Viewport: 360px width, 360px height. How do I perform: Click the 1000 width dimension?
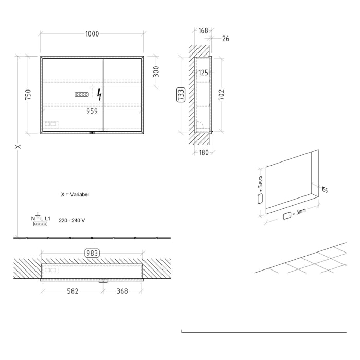tap(92, 34)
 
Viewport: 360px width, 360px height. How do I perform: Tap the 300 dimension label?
tap(156, 71)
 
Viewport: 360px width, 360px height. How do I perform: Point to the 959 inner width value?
tap(92, 110)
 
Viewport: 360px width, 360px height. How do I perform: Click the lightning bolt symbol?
tap(99, 95)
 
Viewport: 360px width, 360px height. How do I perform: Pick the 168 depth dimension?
tap(203, 31)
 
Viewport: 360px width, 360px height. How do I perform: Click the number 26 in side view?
tap(226, 39)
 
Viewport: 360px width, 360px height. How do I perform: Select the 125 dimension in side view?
tap(203, 73)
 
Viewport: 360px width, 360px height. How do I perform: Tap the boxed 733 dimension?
tap(181, 95)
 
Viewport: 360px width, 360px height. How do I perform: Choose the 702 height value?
tap(222, 95)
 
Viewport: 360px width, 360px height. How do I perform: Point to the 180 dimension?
tap(203, 152)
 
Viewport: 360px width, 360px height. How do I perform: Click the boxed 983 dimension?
tap(92, 253)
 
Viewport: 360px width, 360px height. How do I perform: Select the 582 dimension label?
tap(73, 291)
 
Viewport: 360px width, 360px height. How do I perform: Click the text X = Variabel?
tap(75, 195)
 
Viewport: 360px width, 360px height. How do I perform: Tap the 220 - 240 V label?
tap(72, 220)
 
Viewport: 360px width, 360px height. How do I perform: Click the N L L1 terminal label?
tap(40, 219)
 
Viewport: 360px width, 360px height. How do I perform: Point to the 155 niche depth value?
tap(324, 190)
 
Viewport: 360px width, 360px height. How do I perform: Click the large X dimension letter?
tap(18, 147)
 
